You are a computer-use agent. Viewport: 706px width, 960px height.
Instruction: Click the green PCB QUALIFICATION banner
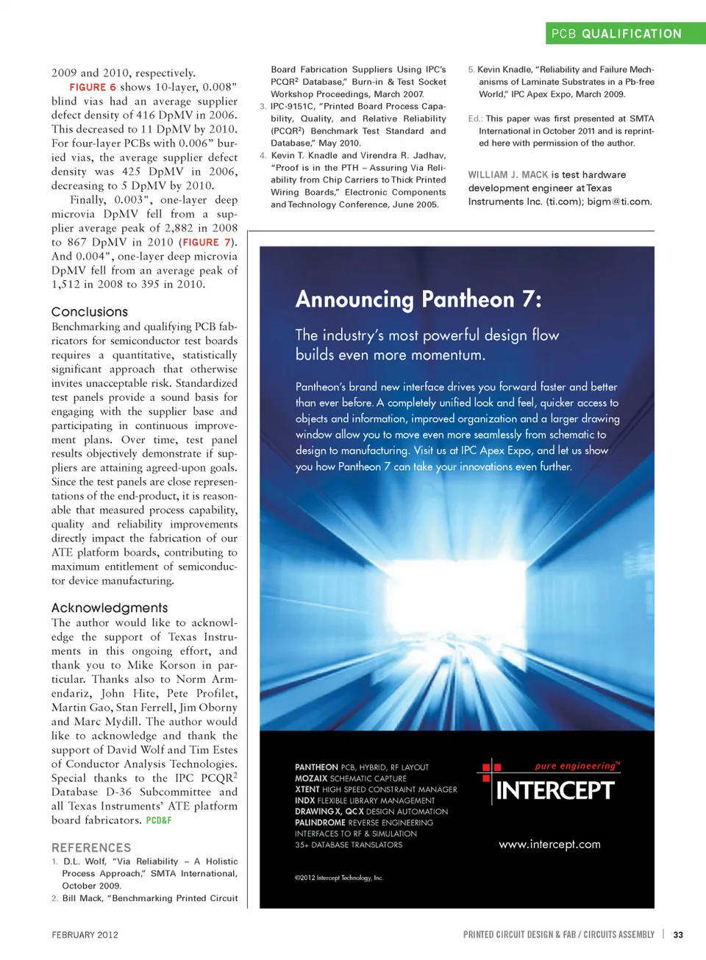625,34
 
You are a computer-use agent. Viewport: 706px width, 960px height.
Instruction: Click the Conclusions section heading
90,312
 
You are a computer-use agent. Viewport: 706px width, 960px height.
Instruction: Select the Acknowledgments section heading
110,608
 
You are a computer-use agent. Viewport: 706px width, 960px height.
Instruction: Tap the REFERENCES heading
91,847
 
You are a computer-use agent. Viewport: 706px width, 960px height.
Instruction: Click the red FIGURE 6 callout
93,87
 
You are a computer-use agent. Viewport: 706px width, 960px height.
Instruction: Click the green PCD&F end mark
158,820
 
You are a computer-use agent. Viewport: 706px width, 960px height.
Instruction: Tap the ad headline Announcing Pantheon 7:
418,299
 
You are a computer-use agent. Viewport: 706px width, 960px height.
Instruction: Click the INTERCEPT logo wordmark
555,791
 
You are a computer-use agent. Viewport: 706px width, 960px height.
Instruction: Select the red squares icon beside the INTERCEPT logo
489,769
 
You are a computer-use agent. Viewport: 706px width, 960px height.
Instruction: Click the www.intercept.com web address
549,845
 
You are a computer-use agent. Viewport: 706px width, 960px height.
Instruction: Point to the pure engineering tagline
577,766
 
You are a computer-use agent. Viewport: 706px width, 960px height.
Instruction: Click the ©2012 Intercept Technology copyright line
339,878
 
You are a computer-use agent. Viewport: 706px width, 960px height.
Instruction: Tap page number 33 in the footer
678,935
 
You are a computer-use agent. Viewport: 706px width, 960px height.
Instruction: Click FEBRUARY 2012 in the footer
85,935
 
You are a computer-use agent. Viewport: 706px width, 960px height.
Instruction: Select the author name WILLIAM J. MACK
508,175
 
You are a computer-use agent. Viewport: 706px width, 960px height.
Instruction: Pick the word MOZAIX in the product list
311,778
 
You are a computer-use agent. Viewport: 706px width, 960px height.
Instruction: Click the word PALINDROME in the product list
320,822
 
